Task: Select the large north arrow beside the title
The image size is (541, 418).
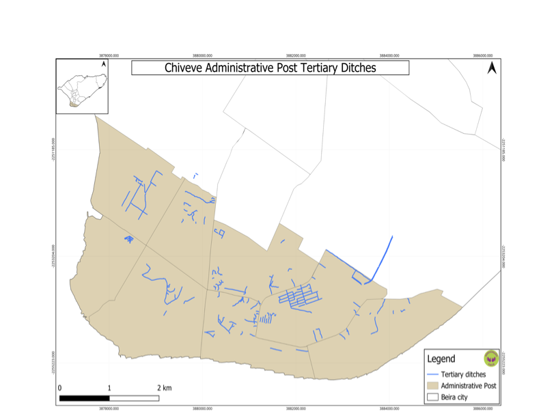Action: [x=491, y=68]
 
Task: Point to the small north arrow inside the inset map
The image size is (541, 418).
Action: [x=103, y=64]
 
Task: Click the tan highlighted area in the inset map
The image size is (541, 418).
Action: [x=74, y=105]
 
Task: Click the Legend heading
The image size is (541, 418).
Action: [x=441, y=359]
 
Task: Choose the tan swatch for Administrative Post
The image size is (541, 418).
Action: [x=432, y=385]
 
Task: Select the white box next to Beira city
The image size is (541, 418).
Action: [x=432, y=396]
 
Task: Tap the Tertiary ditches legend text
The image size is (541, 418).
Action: [x=464, y=374]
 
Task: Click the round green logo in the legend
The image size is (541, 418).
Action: [x=490, y=357]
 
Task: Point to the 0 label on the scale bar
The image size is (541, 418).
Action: [x=60, y=388]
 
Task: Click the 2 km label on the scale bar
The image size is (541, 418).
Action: [x=164, y=388]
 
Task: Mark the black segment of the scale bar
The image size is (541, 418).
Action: [x=85, y=397]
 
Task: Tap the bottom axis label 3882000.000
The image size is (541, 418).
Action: [x=295, y=408]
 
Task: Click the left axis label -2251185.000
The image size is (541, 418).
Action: [x=53, y=149]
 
